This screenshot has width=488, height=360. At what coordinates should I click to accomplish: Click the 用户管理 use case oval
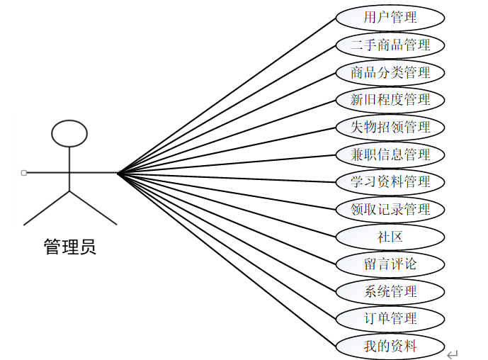tap(390, 17)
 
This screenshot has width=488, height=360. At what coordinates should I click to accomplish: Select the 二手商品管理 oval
tap(390, 45)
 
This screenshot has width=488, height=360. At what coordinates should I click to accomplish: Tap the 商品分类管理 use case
tap(390, 72)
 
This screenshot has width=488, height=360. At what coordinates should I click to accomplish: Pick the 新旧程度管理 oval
tap(390, 99)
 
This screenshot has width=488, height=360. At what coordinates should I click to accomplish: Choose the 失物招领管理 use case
tap(390, 127)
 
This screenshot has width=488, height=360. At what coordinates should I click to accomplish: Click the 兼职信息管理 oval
tap(390, 154)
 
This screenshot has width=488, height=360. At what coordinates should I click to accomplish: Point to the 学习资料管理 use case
tap(390, 181)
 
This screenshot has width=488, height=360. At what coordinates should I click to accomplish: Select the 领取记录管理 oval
tap(390, 209)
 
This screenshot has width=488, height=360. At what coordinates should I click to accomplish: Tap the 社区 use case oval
tap(390, 237)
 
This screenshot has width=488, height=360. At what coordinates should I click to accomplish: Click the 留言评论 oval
tap(390, 264)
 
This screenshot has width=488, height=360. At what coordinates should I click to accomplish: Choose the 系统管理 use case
tap(390, 291)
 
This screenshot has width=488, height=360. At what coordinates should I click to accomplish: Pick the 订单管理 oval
tap(390, 319)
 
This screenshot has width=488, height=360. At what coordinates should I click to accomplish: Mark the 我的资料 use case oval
tap(390, 346)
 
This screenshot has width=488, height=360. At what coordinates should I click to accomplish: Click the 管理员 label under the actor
tap(69, 247)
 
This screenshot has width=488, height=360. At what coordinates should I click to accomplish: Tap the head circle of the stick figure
tap(69, 133)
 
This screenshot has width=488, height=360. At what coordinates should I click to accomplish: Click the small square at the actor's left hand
tap(24, 172)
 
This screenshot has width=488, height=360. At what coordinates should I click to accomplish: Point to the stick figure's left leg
tap(47, 208)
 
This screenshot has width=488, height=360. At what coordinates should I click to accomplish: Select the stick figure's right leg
tap(93, 208)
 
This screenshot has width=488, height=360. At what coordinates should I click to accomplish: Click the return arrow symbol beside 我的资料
tap(453, 354)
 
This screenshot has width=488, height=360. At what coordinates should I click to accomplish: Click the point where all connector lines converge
tap(118, 172)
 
